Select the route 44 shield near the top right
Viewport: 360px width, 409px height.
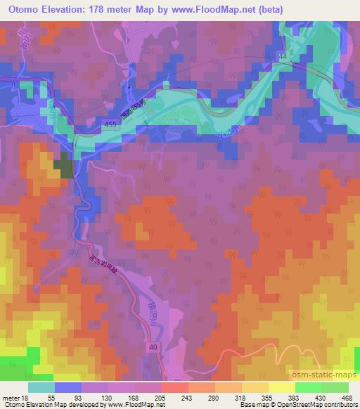pos(283,56)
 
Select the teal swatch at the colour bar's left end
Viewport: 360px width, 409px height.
pos(41,387)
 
